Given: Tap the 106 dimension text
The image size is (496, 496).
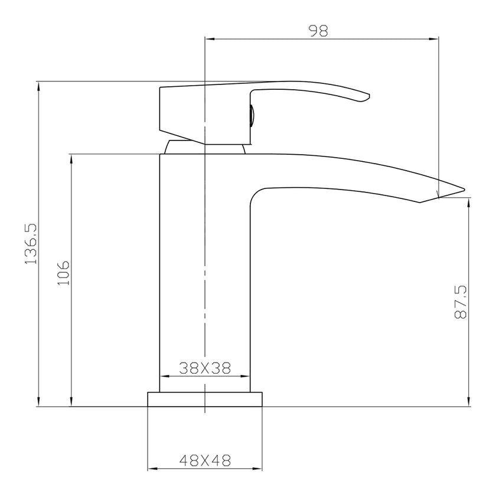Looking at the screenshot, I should (63, 273).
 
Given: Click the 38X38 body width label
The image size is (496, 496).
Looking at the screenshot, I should (204, 368).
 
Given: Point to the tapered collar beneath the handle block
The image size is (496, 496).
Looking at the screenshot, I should (204, 147).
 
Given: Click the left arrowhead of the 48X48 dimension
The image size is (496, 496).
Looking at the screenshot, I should (151, 469).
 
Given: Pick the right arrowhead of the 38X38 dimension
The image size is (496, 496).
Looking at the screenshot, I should (244, 376).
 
